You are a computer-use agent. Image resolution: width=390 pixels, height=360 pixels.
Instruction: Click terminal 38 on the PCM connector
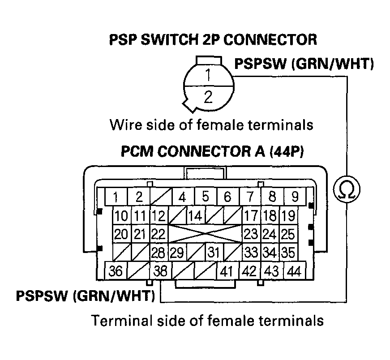(161, 271)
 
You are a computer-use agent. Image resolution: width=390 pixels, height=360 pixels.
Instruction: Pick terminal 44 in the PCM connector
(294, 271)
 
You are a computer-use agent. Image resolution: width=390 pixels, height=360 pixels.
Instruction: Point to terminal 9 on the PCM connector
(295, 197)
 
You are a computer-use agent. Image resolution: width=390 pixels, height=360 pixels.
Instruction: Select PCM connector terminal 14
(195, 216)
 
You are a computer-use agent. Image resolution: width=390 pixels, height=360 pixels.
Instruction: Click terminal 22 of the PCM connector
(158, 234)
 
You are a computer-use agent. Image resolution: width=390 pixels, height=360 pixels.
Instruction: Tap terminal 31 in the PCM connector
(214, 253)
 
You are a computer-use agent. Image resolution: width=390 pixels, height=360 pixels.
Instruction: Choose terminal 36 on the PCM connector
(116, 271)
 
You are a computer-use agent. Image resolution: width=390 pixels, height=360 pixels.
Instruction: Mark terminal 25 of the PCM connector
(288, 234)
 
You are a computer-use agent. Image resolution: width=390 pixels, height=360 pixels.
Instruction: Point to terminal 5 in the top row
(206, 197)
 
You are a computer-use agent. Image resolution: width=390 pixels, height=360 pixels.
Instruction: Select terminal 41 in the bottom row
(227, 271)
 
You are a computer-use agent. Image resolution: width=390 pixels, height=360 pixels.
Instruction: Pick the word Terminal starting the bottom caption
(117, 321)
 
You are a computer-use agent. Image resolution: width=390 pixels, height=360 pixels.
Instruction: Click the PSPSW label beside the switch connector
(261, 64)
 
